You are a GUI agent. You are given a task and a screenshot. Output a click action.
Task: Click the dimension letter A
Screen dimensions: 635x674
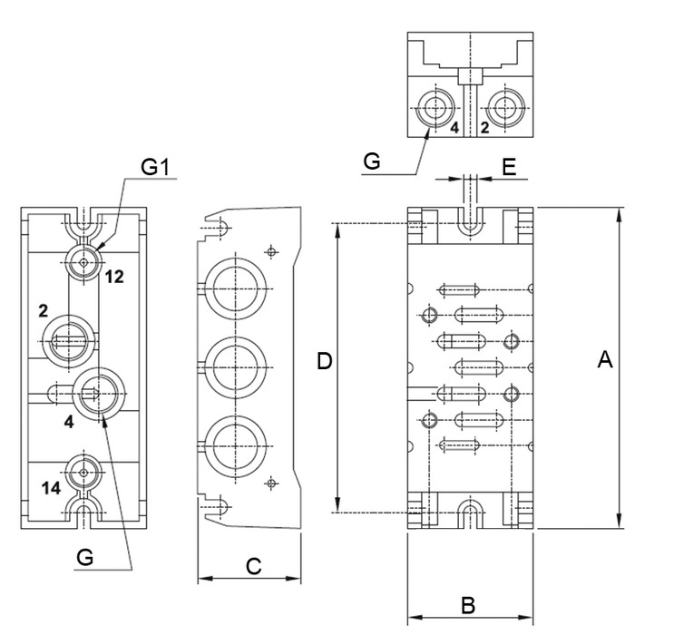605,361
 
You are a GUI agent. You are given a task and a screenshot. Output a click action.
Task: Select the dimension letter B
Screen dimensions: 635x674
469,605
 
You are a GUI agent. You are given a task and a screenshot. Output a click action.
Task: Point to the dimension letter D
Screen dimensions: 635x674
325,362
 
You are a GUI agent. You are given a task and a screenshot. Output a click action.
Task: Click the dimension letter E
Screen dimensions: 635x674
509,166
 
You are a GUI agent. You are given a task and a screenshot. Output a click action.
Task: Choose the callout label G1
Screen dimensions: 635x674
154,167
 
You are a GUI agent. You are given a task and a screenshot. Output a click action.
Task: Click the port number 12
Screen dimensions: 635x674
113,276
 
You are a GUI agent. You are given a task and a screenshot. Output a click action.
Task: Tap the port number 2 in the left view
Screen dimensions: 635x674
43,310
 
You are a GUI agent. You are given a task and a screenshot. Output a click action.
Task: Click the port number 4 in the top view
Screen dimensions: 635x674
454,128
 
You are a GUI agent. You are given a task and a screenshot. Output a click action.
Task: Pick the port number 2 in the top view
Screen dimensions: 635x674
484,128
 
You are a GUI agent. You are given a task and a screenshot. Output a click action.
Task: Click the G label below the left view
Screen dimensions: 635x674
85,558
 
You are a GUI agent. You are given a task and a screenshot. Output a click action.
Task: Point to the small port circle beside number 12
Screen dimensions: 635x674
83,262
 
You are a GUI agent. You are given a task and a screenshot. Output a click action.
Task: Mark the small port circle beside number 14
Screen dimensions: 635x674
83,473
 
